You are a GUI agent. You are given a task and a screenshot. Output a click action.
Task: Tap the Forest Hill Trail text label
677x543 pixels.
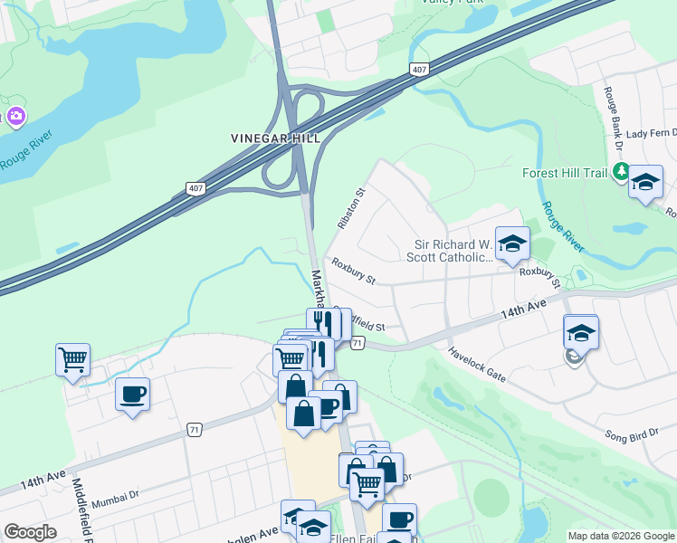click(x=567, y=172)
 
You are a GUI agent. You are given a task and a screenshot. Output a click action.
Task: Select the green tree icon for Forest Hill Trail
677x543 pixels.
click(x=621, y=171)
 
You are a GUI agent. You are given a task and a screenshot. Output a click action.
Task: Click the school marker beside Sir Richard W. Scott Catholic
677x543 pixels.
click(x=512, y=243)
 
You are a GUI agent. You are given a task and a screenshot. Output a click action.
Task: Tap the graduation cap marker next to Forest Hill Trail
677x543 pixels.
click(x=645, y=181)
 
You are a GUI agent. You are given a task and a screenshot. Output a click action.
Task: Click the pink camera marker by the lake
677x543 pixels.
click(x=15, y=116)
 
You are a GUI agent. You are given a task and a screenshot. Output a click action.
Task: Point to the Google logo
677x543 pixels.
click(x=29, y=532)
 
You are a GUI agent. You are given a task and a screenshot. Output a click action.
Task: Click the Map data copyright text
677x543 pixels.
click(x=621, y=536)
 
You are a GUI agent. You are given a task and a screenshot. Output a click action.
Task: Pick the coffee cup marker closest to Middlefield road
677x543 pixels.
click(x=132, y=394)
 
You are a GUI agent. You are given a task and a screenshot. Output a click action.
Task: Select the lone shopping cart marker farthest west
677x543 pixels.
click(x=72, y=358)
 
